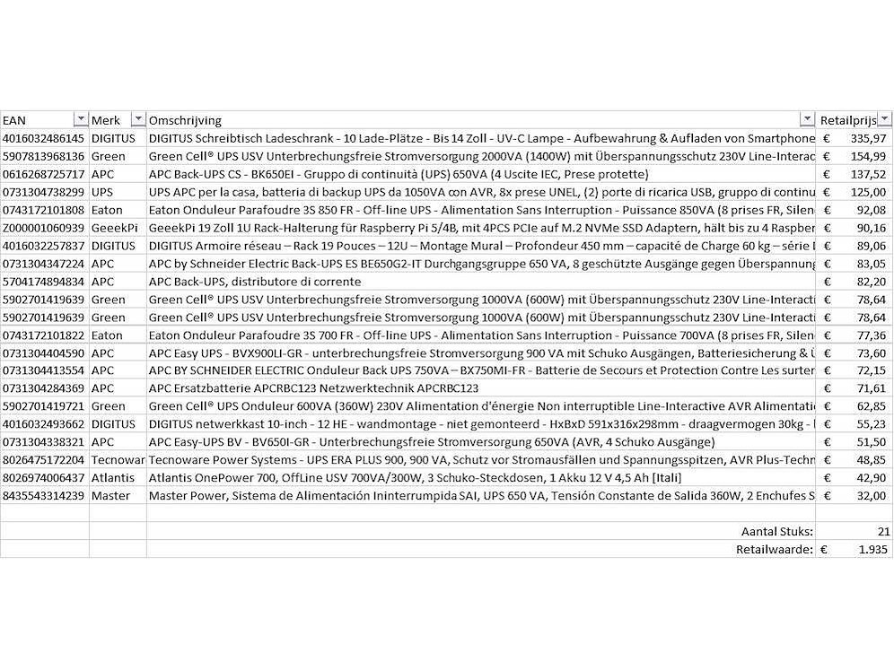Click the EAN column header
(14, 120)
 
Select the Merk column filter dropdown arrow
(137, 120)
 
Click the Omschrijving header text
(185, 120)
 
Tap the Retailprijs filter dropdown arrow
(885, 120)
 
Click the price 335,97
(867, 138)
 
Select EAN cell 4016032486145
(44, 138)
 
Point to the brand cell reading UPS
(102, 192)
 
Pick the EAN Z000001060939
(44, 228)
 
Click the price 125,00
(867, 192)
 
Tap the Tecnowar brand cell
(118, 460)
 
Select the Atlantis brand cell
(112, 478)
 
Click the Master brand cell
(110, 496)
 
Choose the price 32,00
(870, 496)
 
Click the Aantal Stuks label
(776, 532)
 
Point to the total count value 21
(883, 532)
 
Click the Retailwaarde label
(775, 550)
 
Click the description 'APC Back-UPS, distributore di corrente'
(255, 282)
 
